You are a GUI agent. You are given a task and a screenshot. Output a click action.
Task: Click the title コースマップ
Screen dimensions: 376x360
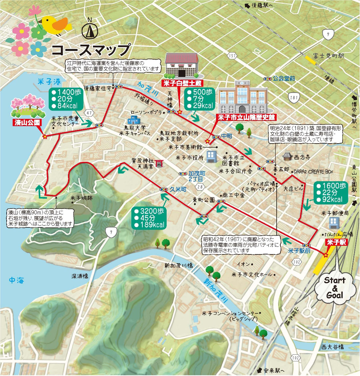[x=90, y=50]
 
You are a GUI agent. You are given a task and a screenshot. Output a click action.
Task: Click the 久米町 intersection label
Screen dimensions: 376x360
[x=178, y=189]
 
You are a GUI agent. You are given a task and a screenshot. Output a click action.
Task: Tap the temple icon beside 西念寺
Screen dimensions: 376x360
[x=288, y=156]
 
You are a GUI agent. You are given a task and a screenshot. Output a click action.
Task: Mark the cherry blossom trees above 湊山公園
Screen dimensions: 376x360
[x=28, y=104]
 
